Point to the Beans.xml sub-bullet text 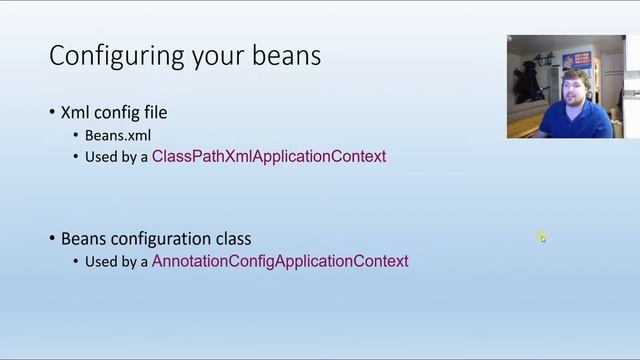coord(118,134)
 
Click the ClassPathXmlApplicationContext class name coord(268,156)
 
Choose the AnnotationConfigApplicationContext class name coord(280,261)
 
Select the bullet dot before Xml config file coord(53,113)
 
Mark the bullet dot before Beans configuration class coord(53,239)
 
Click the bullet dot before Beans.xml coord(76,135)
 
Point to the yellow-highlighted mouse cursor coord(541,237)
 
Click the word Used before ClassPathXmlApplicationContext coord(101,157)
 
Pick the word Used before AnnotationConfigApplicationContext coord(101,262)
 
